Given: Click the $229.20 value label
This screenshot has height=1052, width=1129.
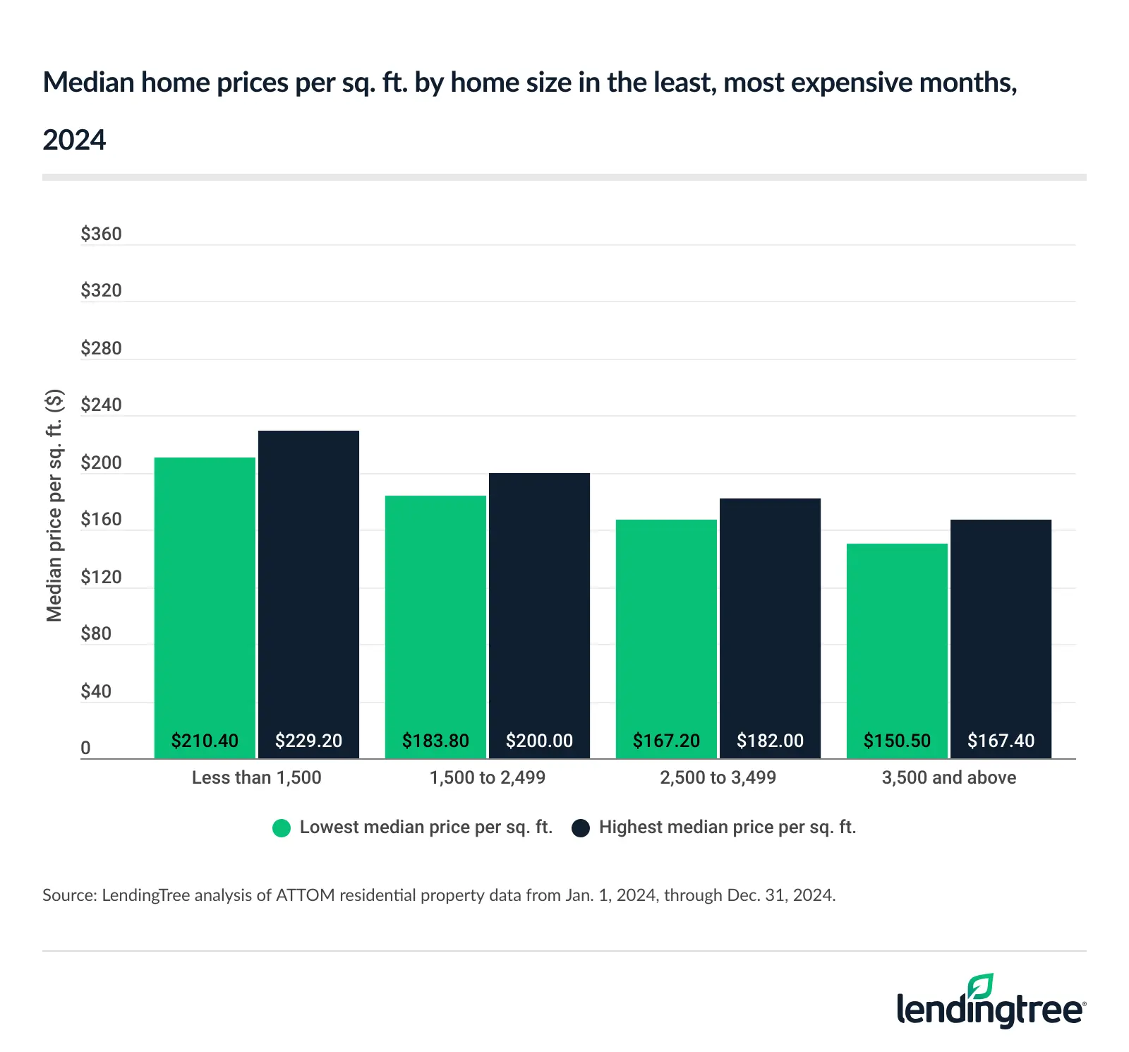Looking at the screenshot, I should [308, 741].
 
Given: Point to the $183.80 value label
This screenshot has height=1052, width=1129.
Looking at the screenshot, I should [435, 741].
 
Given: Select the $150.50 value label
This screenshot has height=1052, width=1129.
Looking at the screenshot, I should [897, 741].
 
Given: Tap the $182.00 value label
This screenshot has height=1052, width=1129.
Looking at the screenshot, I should [770, 741].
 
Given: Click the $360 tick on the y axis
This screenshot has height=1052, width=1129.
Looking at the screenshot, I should [101, 234].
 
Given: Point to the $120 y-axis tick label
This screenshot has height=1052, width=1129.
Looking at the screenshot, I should [101, 577].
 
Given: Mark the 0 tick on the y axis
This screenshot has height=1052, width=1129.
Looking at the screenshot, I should [85, 748].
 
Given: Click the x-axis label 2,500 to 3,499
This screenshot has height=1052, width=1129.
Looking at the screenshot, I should [718, 777].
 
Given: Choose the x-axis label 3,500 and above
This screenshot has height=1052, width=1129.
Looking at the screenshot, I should [948, 777].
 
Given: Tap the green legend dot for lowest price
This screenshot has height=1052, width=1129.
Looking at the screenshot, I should [282, 828].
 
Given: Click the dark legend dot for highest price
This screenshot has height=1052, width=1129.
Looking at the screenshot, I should [581, 828].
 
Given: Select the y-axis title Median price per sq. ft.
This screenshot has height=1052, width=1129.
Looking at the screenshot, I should [54, 505].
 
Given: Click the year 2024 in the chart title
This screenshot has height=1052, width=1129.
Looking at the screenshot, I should [74, 140].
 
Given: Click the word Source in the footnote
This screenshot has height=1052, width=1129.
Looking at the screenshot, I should [68, 895].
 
